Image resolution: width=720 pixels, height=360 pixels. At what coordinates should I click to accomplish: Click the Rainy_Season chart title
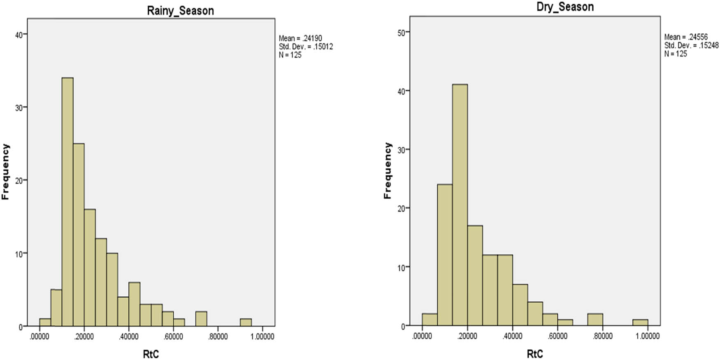[180, 10]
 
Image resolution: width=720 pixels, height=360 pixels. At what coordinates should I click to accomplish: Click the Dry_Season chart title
[565, 7]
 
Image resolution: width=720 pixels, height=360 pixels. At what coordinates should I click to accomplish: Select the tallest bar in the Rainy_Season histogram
[67, 202]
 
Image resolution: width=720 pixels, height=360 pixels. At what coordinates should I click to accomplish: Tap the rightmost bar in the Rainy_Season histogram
[246, 322]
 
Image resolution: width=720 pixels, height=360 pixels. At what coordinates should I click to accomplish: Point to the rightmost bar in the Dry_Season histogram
[640, 323]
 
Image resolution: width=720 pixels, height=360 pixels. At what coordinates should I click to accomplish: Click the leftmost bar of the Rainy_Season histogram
[45, 322]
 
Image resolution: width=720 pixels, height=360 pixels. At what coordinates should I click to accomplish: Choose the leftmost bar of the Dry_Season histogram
[430, 320]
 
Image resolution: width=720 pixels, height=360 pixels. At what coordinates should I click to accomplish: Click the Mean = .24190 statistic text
[300, 38]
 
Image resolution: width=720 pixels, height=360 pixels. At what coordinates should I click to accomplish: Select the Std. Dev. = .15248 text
[691, 45]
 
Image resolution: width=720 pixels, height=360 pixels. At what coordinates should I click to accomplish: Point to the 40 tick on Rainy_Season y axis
[19, 35]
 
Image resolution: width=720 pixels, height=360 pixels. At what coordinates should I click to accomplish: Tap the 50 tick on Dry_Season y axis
[401, 32]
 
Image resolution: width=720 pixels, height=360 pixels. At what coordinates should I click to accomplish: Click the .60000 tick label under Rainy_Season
[173, 336]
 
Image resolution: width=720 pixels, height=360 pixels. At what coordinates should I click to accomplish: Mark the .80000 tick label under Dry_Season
[603, 336]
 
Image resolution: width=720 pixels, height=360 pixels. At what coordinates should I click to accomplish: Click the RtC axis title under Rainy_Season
[151, 354]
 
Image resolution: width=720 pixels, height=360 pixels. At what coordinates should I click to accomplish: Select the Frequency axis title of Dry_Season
[387, 171]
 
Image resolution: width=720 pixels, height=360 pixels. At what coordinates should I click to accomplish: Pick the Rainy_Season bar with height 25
[79, 235]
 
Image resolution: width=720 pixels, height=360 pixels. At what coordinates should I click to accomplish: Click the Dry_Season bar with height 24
[445, 255]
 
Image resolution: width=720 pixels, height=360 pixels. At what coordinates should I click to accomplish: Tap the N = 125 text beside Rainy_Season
[290, 55]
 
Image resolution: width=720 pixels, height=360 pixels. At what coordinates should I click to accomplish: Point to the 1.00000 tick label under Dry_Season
[648, 336]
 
